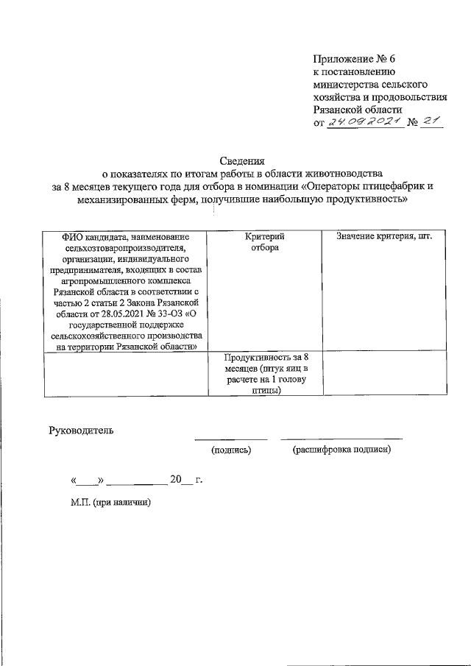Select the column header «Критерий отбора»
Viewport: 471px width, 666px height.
(x=264, y=243)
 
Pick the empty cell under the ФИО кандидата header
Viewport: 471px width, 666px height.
(x=125, y=374)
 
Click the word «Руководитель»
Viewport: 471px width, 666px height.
(x=81, y=430)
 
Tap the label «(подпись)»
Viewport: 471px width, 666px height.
(x=231, y=450)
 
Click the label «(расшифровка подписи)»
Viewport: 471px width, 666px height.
(x=341, y=450)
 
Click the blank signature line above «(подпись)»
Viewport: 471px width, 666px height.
(x=230, y=439)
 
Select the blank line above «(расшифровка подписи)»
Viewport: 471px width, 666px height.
(x=341, y=439)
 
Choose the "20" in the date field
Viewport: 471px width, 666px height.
(x=175, y=480)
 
